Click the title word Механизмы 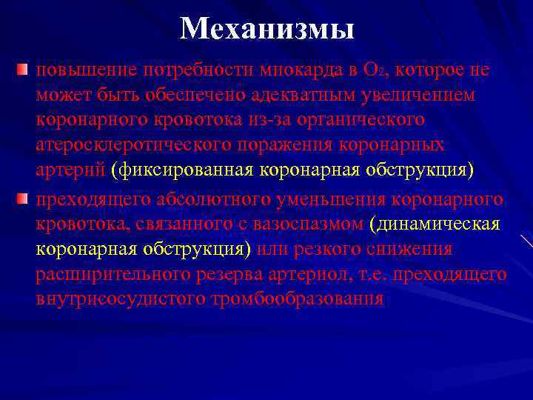(266, 30)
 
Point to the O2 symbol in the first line (374, 71)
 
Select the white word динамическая (438, 224)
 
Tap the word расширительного (108, 275)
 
